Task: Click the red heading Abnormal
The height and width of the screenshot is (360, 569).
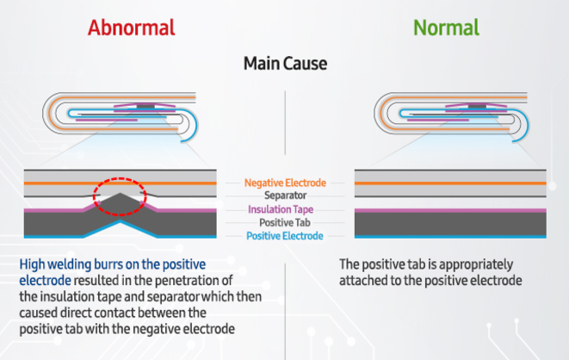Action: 131,27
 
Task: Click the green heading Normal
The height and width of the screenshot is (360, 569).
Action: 447,27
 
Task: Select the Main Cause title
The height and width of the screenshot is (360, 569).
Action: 284,63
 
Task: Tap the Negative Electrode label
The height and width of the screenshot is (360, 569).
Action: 284,183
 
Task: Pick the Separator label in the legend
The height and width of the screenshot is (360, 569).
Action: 284,196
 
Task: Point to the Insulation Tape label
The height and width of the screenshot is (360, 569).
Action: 284,208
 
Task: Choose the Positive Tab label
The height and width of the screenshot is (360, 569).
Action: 284,221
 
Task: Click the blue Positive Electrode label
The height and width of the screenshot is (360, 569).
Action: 284,234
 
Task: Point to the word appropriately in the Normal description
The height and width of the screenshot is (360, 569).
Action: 469,264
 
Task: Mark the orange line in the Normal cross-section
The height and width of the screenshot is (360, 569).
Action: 448,183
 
